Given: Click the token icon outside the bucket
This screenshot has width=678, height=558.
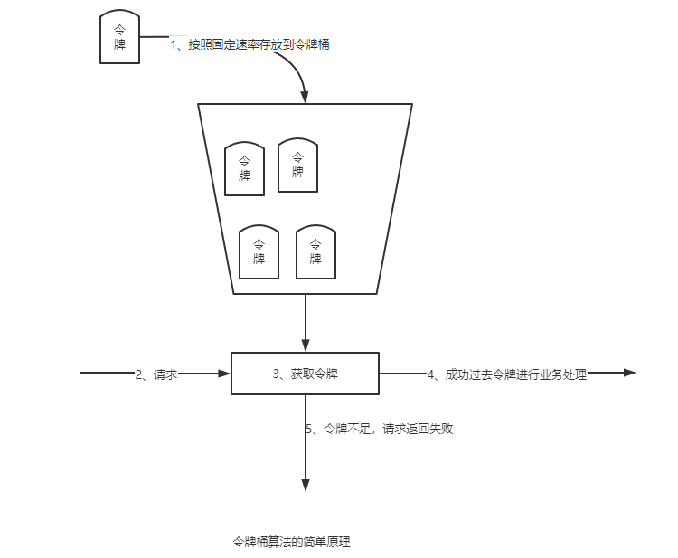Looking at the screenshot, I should pyautogui.click(x=119, y=38).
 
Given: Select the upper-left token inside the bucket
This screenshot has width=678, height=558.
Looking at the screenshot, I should pyautogui.click(x=244, y=168).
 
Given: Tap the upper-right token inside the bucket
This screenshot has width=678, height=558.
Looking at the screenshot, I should pyautogui.click(x=297, y=165).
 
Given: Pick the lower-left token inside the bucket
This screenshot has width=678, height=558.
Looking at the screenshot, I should pyautogui.click(x=259, y=251).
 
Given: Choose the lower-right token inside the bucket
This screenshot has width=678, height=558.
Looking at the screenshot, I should pyautogui.click(x=315, y=251).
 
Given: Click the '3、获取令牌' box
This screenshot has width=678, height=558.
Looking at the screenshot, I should pyautogui.click(x=306, y=373).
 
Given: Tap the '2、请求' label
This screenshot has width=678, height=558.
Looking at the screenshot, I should pyautogui.click(x=155, y=374).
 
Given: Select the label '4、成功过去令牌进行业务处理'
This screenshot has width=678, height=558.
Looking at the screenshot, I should pyautogui.click(x=506, y=374).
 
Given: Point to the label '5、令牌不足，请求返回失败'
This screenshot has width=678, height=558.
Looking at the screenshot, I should pyautogui.click(x=379, y=429).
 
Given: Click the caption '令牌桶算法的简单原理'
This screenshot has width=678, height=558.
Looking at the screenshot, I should pyautogui.click(x=291, y=543).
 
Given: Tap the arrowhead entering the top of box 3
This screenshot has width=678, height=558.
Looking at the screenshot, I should pyautogui.click(x=306, y=345).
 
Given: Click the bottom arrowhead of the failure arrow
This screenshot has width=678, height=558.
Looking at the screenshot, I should pyautogui.click(x=306, y=485).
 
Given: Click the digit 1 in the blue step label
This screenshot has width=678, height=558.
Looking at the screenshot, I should pyautogui.click(x=174, y=44).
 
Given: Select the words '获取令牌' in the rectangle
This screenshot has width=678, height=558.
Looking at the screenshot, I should pyautogui.click(x=315, y=373).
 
